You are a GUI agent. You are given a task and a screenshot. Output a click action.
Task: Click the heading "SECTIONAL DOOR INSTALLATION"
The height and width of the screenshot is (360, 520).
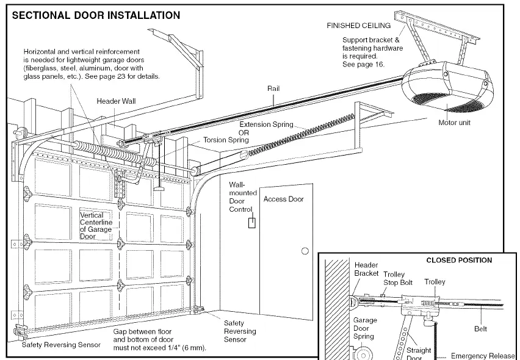coord(96,15)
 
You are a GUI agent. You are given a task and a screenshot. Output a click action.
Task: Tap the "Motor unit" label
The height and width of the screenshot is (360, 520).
coord(454,123)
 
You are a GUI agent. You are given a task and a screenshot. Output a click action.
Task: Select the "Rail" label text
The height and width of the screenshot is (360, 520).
coord(273,88)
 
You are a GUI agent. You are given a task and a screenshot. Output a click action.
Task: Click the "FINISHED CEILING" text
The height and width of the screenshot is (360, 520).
coord(358,26)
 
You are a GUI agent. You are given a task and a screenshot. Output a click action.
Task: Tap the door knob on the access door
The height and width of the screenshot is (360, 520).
coord(305,251)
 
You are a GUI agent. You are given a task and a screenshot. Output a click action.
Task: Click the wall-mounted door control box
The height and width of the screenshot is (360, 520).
coord(252,223)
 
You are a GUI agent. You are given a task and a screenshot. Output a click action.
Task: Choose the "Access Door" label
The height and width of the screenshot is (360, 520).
coord(284,199)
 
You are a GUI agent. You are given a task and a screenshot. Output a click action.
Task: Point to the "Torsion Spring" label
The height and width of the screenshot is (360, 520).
coord(226,140)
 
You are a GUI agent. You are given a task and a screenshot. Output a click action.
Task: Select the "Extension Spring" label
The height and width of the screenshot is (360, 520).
coord(266,124)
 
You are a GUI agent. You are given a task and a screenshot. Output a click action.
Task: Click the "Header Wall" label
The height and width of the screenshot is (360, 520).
coord(116,101)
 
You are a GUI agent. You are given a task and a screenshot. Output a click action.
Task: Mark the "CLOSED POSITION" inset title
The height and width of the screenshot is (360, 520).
coord(459,260)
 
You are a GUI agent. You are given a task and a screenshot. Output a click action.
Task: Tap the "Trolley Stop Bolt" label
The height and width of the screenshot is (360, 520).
coord(398,278)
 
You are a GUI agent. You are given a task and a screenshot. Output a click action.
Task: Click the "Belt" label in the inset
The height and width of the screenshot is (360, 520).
coord(480,329)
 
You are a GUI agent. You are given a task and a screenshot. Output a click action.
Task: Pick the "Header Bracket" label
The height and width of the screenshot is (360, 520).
coord(366,269)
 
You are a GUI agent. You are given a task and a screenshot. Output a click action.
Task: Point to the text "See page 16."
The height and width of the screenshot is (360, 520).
coord(364,64)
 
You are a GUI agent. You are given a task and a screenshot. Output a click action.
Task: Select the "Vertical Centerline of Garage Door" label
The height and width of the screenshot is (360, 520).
coord(96,226)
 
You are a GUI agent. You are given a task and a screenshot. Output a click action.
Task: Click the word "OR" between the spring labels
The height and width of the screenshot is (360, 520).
coord(244,132)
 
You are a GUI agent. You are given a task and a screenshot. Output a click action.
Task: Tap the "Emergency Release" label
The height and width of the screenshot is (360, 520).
coord(483,356)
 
